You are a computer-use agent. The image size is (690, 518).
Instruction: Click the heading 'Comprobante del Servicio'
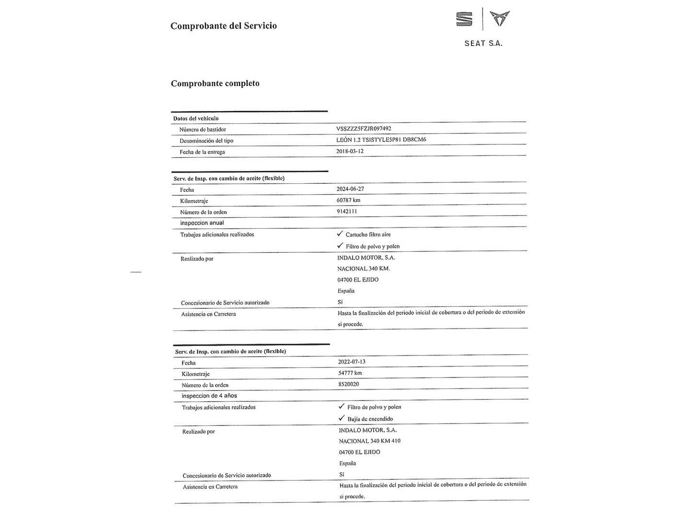tap(223, 26)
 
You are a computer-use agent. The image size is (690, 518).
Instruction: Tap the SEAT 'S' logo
tap(464, 19)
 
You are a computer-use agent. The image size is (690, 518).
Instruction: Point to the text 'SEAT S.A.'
tap(483, 44)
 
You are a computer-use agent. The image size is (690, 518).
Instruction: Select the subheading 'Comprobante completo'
tap(215, 83)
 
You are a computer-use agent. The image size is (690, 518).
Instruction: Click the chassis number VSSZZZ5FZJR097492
tap(364, 129)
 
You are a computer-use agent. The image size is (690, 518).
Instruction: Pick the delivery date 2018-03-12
tap(350, 151)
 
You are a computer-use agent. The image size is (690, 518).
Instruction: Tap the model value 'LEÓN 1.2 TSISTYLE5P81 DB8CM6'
tap(381, 140)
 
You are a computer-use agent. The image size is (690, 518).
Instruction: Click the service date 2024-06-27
tap(350, 189)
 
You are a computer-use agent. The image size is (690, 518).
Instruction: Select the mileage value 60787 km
tap(348, 200)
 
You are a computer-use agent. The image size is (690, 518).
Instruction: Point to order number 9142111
tap(346, 211)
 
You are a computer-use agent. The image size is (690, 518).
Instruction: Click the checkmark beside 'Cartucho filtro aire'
tap(340, 234)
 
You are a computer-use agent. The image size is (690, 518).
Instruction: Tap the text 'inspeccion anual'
tap(202, 223)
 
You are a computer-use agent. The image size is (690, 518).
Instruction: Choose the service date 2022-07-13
tap(352, 362)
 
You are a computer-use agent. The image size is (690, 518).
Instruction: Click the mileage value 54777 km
tap(350, 373)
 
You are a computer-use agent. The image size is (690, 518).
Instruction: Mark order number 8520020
tap(348, 384)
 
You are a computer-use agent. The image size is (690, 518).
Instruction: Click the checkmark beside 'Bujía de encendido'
tap(342, 418)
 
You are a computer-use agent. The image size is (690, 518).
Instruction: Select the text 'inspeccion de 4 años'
tap(209, 396)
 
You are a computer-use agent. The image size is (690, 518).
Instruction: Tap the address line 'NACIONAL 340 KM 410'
tap(369, 441)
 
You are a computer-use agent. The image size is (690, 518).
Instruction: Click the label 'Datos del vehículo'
tap(195, 118)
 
